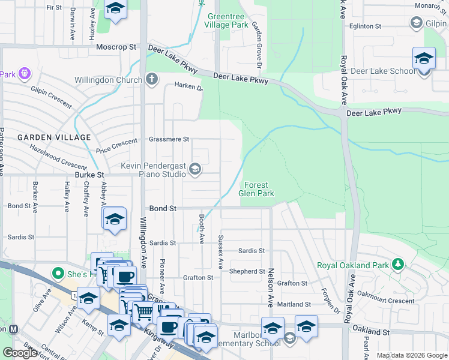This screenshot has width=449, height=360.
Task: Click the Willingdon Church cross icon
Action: (x=152, y=79)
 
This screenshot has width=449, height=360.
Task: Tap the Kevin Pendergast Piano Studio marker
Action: (x=194, y=170)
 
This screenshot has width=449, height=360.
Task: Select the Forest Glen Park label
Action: (x=256, y=189)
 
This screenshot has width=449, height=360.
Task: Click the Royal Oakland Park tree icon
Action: (x=397, y=264)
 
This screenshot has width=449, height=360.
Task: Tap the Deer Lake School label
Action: (x=382, y=71)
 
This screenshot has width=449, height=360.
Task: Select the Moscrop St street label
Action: (x=116, y=47)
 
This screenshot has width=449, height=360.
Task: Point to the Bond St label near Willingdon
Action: (x=163, y=208)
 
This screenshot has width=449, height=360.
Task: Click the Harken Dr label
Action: (x=188, y=86)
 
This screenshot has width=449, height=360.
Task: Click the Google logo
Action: (x=20, y=353)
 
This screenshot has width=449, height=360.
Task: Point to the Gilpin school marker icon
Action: (x=416, y=23)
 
